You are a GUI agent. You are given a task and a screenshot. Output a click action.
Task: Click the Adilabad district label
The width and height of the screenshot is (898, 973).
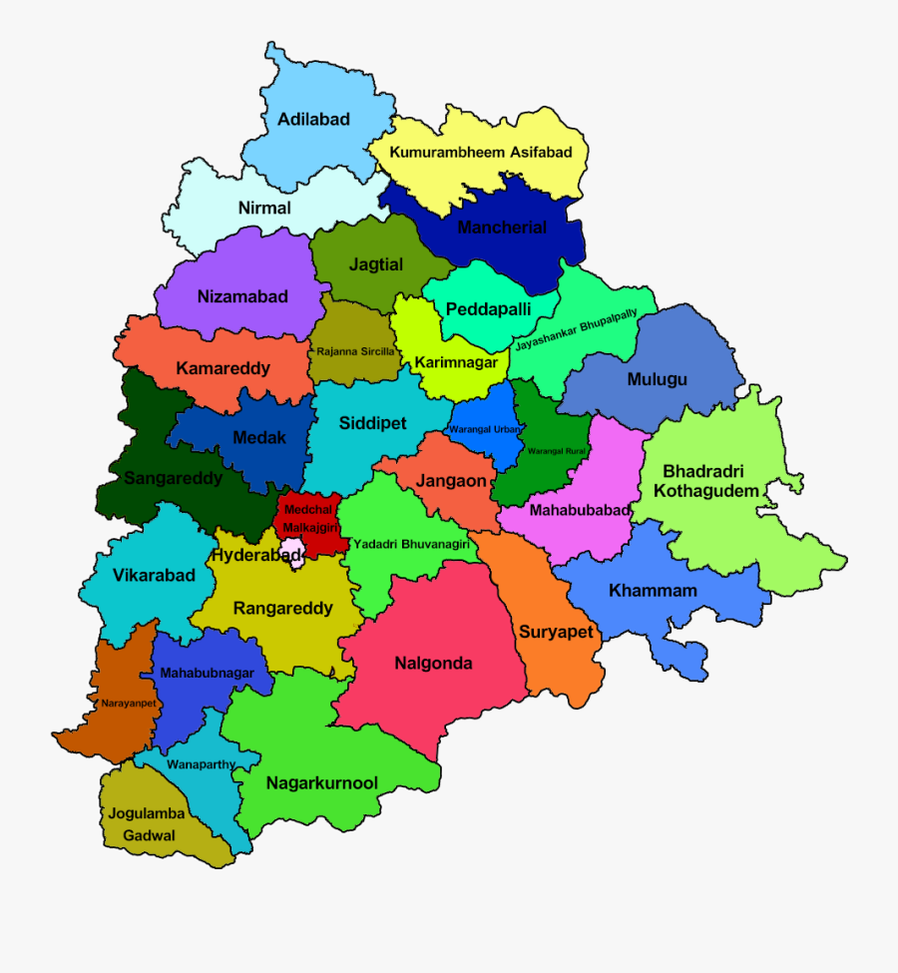313,119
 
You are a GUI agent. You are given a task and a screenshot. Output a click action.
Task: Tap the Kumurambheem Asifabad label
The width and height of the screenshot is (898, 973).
481,153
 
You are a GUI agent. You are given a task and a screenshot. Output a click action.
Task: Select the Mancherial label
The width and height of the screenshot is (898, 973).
502,228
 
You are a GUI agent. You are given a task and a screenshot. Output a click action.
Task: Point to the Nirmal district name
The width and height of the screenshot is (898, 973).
264,208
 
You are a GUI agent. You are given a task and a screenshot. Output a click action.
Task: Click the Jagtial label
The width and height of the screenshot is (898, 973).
375,265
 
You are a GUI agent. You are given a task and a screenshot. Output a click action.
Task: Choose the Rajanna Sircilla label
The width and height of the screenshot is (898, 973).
355,351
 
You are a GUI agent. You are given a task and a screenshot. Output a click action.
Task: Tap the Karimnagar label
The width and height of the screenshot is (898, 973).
455,362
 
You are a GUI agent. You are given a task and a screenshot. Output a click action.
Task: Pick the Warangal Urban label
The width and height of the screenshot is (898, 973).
485,429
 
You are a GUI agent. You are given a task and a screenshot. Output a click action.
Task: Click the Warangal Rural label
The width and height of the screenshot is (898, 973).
556,451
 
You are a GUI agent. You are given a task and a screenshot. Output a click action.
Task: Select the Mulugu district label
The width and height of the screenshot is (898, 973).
657,379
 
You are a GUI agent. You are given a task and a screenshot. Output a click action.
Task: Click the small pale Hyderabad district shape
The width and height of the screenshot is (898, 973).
297,557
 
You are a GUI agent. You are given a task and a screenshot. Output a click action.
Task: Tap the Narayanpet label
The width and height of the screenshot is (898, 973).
127,704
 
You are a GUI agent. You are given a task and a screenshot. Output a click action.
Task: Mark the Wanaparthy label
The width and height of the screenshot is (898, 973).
202,764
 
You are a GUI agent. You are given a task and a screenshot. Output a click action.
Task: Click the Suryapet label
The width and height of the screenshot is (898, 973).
556,632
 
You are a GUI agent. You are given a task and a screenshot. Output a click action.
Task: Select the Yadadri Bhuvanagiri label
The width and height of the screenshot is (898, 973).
411,544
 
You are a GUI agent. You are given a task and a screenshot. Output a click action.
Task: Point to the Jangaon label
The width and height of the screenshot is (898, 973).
452,481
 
